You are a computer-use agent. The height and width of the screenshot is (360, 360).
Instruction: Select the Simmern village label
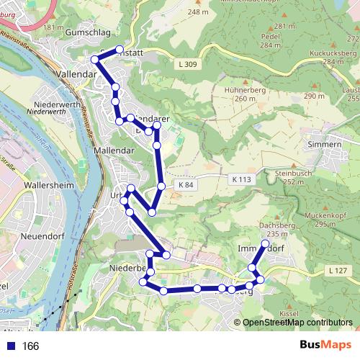click(323, 145)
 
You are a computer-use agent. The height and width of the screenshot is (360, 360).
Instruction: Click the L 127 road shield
click(336, 270)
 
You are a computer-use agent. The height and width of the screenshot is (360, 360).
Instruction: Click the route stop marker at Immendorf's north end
click(265, 245)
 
